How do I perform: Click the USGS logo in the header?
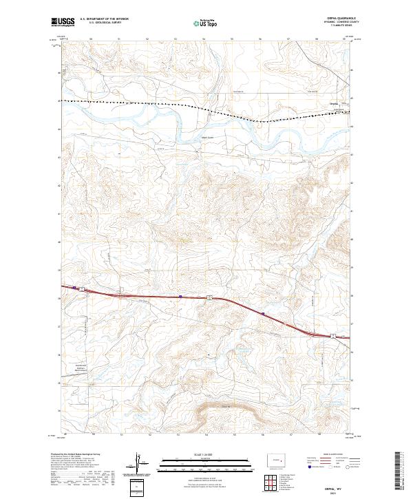tap(63, 22)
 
